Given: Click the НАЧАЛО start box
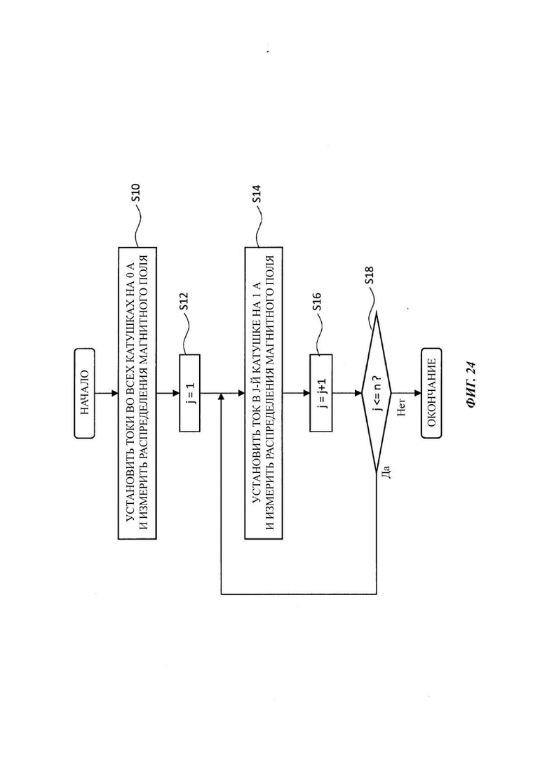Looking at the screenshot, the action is (84, 393).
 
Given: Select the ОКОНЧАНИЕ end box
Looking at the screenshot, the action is (431, 393).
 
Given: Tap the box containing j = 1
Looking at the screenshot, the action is (190, 393).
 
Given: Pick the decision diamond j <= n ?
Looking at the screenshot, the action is (377, 393).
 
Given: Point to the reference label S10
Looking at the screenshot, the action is (135, 192).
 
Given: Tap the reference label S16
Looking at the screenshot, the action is (317, 302).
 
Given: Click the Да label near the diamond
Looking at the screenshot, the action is (387, 472).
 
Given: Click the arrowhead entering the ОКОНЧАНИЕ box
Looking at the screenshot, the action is (418, 394).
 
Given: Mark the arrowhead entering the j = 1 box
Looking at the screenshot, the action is (176, 394).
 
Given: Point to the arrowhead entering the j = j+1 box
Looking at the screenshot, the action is (306, 394).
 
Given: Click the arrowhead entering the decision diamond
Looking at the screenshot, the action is (358, 394).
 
